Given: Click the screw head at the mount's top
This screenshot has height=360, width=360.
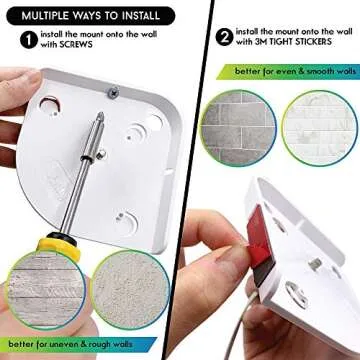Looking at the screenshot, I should click(x=116, y=92).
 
